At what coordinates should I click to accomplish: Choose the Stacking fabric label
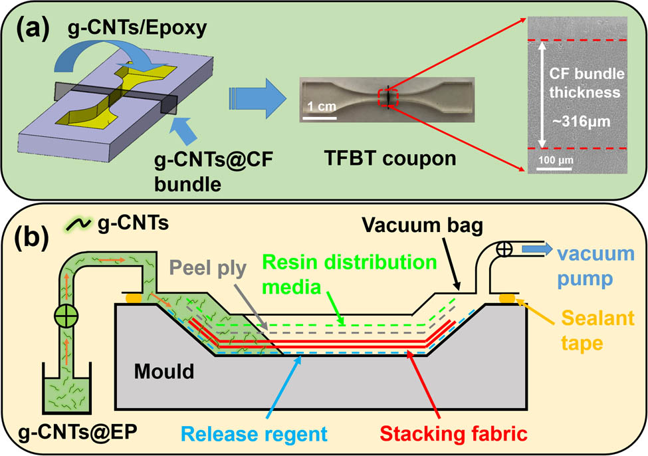coord(459,433)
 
